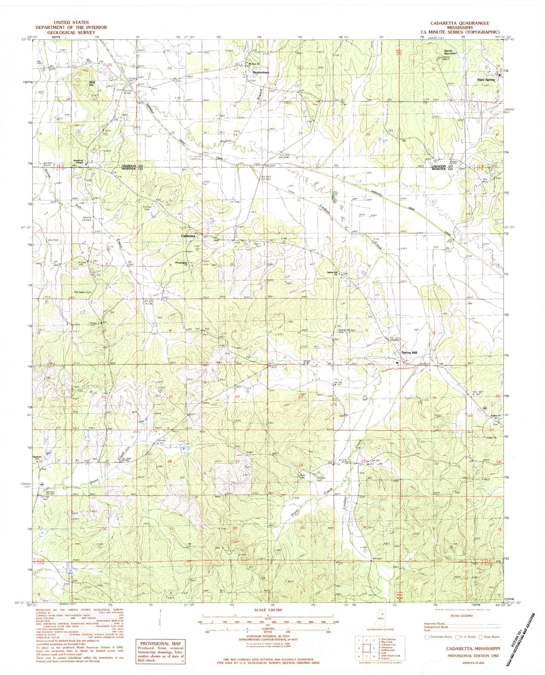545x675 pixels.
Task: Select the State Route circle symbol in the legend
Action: pyautogui.click(x=480, y=637)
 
